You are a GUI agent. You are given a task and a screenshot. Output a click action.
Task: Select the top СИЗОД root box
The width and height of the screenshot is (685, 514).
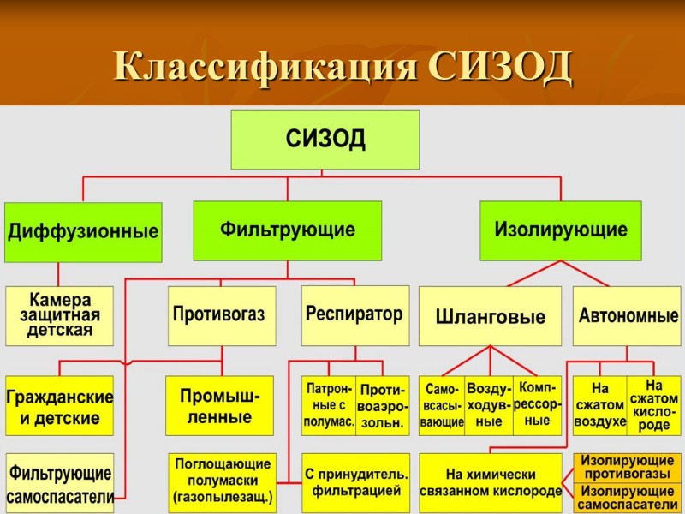[325, 139]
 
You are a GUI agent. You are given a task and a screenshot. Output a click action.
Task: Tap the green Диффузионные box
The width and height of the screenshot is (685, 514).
[83, 231]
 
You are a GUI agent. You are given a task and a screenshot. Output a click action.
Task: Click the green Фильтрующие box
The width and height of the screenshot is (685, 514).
[287, 230]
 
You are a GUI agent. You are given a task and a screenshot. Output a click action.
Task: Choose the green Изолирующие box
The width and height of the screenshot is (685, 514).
[560, 230]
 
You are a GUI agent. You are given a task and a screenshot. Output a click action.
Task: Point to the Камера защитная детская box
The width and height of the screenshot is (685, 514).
[59, 315]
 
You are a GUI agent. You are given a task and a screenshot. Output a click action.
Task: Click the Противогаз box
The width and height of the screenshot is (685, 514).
[218, 315]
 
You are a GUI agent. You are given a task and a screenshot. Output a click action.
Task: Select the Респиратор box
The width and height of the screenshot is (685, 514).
[354, 314]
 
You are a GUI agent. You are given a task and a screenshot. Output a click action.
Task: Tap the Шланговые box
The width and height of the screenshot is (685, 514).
[490, 316]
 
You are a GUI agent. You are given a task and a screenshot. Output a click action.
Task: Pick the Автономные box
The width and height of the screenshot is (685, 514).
[628, 315]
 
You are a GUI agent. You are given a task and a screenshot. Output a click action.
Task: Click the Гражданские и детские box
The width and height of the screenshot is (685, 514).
[59, 406]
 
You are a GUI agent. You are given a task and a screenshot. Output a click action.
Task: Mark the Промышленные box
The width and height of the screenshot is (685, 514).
[219, 406]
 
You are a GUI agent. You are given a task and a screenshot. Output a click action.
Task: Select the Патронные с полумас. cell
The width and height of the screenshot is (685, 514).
[329, 406]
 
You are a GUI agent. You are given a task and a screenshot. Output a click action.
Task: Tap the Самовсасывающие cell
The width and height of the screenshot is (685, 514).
[442, 406]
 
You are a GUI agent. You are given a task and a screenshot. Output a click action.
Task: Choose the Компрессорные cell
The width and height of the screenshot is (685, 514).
[537, 406]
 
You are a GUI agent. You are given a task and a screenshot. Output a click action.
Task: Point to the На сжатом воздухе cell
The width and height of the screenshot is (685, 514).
[599, 406]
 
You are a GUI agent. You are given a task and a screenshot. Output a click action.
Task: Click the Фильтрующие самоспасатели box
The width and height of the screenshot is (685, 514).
[59, 482]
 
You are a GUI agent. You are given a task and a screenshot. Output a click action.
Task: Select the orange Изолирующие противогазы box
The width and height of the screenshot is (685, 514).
[628, 467]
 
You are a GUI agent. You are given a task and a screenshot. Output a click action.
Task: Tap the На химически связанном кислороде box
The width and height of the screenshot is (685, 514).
[490, 482]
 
